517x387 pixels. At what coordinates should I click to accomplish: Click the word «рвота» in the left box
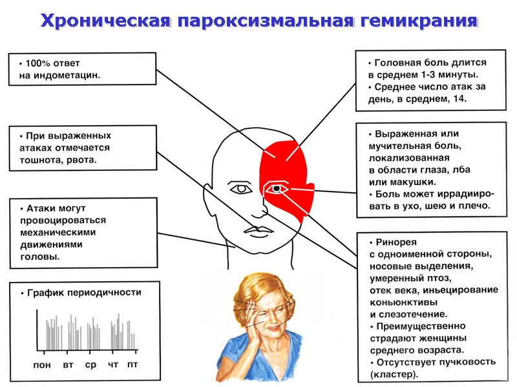pos(83,159)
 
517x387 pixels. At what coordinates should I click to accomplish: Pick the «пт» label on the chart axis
pos(132,364)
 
